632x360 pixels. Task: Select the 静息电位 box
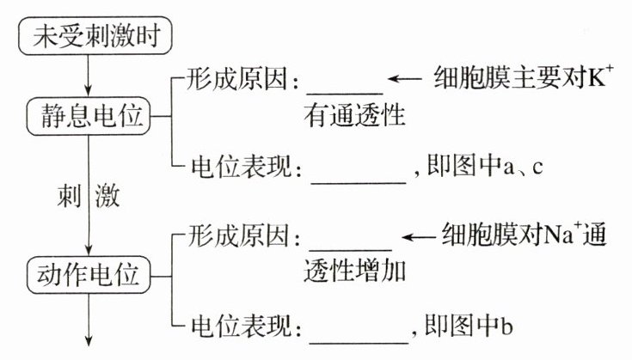(x=88, y=114)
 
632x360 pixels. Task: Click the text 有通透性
(x=354, y=114)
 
